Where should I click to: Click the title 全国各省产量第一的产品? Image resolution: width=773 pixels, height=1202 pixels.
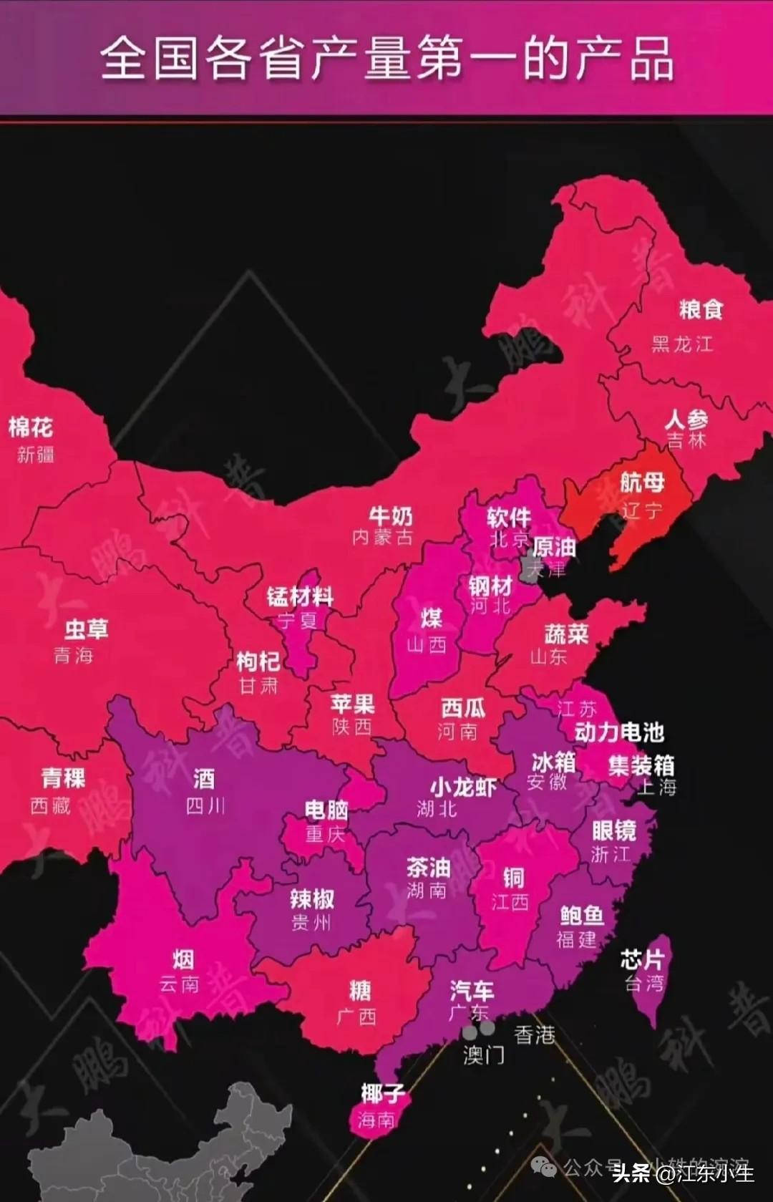(386, 59)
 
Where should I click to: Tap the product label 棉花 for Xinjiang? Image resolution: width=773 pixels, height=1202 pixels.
(31, 427)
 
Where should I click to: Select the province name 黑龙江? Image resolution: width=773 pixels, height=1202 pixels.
(682, 344)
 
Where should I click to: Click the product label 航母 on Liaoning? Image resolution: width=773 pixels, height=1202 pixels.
(642, 482)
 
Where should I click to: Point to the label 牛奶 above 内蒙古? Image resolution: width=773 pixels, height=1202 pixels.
(391, 515)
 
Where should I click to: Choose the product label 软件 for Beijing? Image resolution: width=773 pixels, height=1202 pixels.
(509, 517)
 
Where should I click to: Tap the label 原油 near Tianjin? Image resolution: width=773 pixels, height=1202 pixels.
(554, 548)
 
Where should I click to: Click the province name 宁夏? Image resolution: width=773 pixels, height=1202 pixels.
(298, 620)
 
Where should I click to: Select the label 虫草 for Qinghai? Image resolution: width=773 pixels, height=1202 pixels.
(87, 629)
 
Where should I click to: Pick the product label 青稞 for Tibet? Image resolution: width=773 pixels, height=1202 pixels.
(63, 777)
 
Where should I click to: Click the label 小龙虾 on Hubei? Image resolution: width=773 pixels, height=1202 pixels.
(462, 787)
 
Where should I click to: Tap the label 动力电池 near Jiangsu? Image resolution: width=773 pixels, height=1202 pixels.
(619, 732)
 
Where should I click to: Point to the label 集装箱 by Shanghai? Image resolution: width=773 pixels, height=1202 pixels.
(641, 765)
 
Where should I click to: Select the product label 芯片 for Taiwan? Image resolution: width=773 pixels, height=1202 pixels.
(642, 959)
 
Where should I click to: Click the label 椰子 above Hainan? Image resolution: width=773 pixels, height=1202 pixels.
(383, 1093)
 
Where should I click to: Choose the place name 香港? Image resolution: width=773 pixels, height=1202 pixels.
(534, 1034)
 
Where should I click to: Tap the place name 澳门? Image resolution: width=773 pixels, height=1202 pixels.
(484, 1055)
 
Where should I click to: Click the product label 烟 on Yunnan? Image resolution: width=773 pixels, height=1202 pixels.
(183, 959)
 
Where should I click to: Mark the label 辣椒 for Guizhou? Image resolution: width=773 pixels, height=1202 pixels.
(312, 898)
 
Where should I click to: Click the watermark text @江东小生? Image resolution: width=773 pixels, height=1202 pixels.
(705, 1173)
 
